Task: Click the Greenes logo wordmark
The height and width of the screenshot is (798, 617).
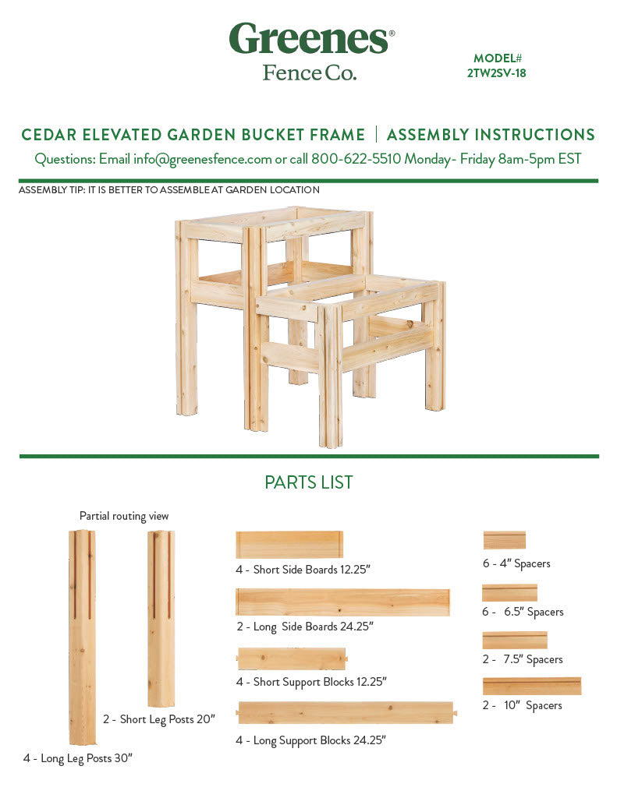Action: pyautogui.click(x=309, y=38)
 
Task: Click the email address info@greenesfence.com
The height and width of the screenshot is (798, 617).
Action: pyautogui.click(x=203, y=159)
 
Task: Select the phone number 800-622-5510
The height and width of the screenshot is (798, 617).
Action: pyautogui.click(x=356, y=159)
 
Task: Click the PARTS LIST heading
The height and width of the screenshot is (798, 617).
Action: pyautogui.click(x=308, y=482)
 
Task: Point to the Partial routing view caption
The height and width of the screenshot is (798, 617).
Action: pyautogui.click(x=124, y=516)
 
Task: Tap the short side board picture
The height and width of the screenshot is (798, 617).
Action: pyautogui.click(x=289, y=545)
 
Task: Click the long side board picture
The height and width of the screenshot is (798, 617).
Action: pyautogui.click(x=342, y=602)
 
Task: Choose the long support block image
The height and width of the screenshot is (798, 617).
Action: pyautogui.click(x=346, y=712)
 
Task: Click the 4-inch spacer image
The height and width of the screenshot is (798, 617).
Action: pyautogui.click(x=504, y=540)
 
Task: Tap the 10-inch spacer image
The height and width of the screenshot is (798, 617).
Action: pyautogui.click(x=531, y=686)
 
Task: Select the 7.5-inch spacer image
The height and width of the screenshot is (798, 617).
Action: pyautogui.click(x=514, y=640)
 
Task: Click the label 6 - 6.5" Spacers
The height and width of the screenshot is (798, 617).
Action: pyautogui.click(x=522, y=612)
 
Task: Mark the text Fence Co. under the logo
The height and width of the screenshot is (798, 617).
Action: pyautogui.click(x=309, y=72)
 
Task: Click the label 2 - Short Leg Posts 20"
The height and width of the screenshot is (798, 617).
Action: pyautogui.click(x=158, y=719)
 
